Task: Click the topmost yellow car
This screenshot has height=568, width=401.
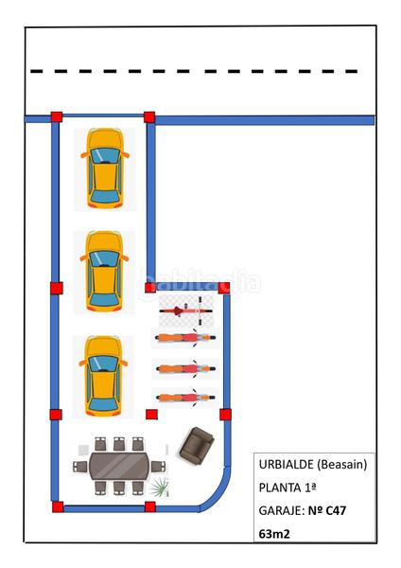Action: [x=105, y=169]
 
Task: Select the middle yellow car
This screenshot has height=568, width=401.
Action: [x=104, y=272]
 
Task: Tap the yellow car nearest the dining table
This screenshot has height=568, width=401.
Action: [x=103, y=376]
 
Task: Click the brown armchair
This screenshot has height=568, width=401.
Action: [x=196, y=446]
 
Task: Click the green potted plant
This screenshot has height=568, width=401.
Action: [x=160, y=487]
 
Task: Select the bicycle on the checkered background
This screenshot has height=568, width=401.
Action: [x=185, y=311]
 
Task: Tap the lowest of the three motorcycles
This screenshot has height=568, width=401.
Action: [x=185, y=398]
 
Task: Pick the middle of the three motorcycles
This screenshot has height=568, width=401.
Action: [x=185, y=369]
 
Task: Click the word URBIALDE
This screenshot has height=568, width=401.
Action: [x=287, y=465]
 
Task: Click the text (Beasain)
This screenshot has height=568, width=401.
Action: [x=342, y=465]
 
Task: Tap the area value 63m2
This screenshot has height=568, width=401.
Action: [x=274, y=534]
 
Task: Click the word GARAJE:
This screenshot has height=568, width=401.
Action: [x=281, y=511]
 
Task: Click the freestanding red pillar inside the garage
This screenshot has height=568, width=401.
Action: [x=151, y=415]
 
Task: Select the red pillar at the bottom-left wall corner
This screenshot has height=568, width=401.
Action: [x=58, y=506]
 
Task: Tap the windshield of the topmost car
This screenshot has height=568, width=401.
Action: [x=105, y=155]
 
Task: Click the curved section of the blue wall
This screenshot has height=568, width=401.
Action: [x=218, y=491]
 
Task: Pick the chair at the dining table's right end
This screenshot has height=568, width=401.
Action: [x=158, y=467]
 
